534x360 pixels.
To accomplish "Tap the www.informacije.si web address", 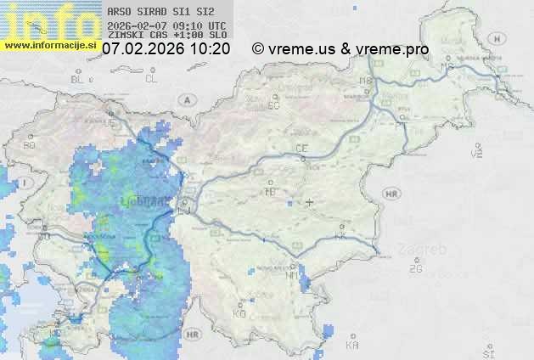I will pos(50,45).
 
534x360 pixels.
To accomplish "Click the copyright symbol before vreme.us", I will pos(258,49).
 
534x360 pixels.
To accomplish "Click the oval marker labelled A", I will pos(185,99).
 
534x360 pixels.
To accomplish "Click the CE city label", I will pos(301,149).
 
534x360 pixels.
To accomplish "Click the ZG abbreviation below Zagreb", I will pos(415,269).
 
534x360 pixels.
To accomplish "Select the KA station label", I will pos(352,345).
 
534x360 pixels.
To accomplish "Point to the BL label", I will pos(79,79).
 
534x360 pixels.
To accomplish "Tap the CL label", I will pos(151,79).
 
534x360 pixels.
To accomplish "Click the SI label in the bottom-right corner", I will pos(487,352).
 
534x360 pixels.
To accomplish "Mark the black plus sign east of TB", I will pos(309,202).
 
